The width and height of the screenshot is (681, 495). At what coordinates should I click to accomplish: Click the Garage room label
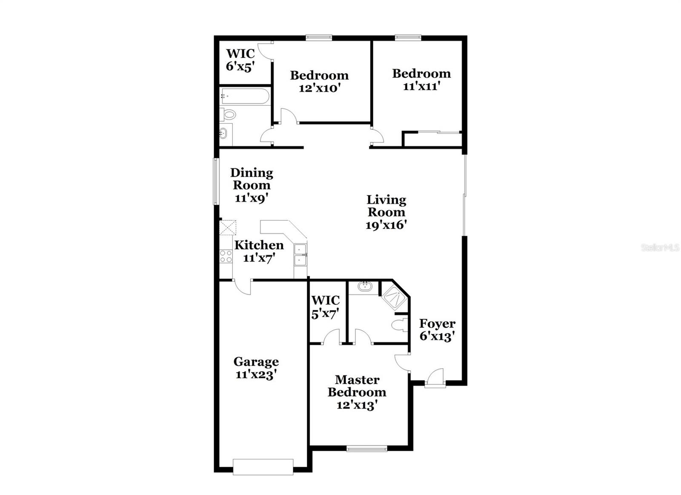coord(256,362)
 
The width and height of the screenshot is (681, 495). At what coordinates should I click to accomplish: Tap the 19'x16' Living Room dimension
coord(386,225)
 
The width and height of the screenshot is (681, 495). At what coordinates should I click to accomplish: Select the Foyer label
coord(437,323)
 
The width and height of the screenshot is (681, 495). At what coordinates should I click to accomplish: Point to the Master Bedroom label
coord(357,386)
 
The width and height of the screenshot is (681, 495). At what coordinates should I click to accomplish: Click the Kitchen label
coord(259,245)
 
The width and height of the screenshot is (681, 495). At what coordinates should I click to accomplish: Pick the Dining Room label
coord(252,179)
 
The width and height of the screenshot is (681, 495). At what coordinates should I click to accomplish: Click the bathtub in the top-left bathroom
coord(244,96)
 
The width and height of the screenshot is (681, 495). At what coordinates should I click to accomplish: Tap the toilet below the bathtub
coord(228,114)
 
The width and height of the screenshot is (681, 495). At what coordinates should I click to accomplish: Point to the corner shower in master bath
coord(394,297)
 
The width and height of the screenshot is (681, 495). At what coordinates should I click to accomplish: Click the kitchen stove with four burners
coord(226,256)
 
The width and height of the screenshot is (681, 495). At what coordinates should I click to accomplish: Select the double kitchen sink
coord(300,255)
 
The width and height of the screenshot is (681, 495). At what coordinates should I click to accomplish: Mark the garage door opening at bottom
coord(263,466)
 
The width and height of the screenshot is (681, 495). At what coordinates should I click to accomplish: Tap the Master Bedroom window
coord(366,448)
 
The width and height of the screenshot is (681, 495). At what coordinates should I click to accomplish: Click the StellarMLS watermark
coord(660,247)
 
